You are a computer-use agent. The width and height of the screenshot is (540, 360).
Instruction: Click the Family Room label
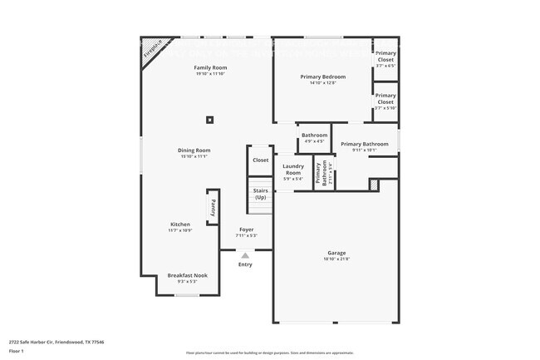(x=210, y=67)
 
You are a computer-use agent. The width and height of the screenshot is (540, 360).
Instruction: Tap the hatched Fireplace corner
(x=151, y=50)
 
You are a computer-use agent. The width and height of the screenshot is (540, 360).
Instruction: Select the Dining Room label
(x=193, y=150)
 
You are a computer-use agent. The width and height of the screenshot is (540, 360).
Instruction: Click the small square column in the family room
(x=211, y=119)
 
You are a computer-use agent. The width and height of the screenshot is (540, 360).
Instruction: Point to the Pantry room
(x=213, y=206)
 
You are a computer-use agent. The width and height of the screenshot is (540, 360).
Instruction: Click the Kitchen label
(x=180, y=224)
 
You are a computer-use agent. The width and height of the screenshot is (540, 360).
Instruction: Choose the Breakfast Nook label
(x=187, y=275)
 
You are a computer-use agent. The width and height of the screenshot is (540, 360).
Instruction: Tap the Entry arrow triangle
(x=245, y=256)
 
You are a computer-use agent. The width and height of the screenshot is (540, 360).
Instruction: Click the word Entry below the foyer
(x=245, y=264)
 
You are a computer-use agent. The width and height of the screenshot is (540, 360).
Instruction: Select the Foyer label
(x=247, y=229)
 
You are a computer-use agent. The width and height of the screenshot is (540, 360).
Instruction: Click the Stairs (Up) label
(x=261, y=195)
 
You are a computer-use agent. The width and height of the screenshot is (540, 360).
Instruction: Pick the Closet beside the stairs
(x=261, y=160)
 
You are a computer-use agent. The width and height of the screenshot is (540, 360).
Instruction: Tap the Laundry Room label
(x=292, y=169)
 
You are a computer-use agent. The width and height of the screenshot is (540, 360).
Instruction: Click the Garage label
(x=336, y=253)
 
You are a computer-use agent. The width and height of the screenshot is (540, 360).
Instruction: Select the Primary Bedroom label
(x=322, y=76)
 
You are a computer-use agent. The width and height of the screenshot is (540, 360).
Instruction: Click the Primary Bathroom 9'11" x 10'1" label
(x=364, y=145)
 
